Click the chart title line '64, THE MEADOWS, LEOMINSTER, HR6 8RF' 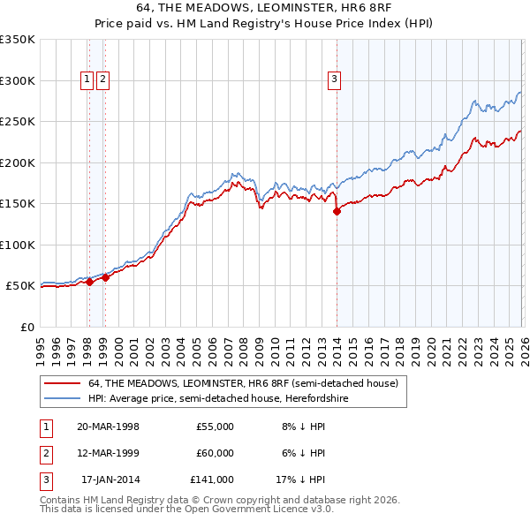(x=264, y=7)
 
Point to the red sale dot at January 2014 (x=337, y=211)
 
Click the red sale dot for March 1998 (x=89, y=283)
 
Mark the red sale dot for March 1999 (x=104, y=277)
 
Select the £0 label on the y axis (x=26, y=327)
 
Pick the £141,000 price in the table (x=212, y=479)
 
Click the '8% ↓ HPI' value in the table (x=303, y=427)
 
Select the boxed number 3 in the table (x=44, y=479)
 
